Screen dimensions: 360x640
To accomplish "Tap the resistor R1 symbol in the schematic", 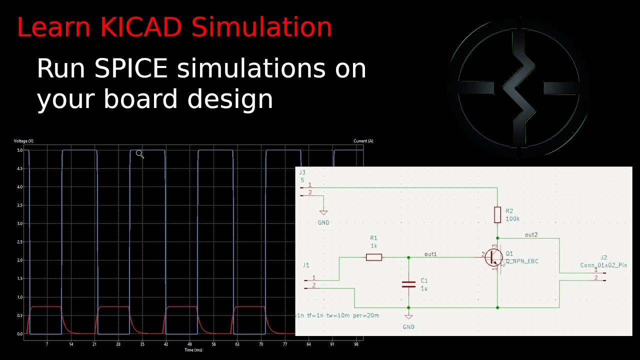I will (374, 257).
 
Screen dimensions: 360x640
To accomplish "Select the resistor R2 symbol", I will (497, 214).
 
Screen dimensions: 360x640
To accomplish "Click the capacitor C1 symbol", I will (408, 284).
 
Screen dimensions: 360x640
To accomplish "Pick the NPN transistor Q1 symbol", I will (494, 257).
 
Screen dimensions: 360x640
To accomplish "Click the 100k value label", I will (512, 219).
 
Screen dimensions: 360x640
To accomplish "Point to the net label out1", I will (430, 254).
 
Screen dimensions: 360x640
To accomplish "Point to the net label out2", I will (531, 234).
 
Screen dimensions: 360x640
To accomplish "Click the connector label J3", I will (301, 172).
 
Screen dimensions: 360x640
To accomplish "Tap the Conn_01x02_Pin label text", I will (603, 265).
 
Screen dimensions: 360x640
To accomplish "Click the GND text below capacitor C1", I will (408, 326).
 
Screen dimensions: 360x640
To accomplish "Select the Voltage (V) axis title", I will (23, 141).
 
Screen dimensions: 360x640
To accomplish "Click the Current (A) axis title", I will (363, 141).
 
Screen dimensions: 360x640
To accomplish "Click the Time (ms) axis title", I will (193, 350).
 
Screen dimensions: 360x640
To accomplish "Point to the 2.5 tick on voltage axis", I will (19, 242).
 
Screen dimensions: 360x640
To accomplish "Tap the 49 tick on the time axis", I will (189, 344).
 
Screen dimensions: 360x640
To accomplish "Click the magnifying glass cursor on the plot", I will (139, 154).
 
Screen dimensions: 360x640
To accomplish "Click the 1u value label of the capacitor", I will (424, 288).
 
